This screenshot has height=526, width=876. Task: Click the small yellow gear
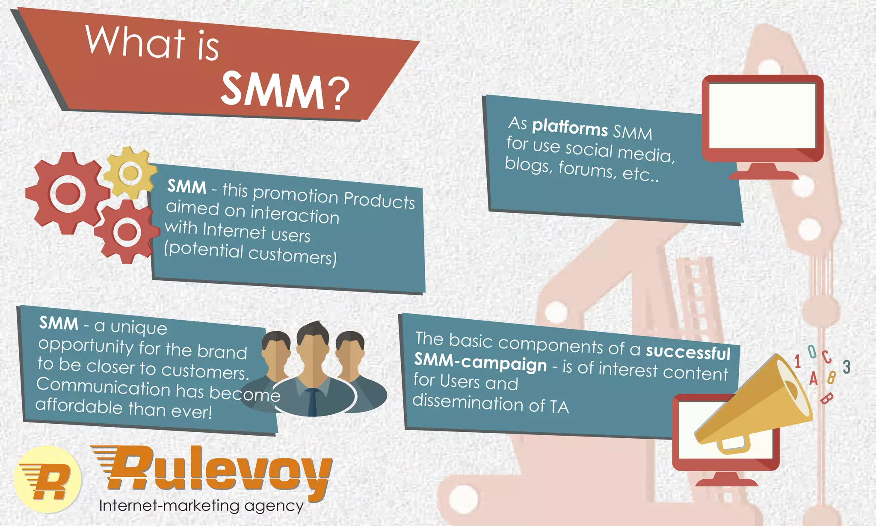click(130, 173)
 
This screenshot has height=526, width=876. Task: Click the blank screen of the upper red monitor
click(762, 116)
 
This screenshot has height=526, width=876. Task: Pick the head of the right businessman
click(350, 349)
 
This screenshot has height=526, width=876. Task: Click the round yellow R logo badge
click(47, 479)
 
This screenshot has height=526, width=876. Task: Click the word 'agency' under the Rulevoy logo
click(274, 506)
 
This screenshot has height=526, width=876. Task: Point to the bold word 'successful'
click(688, 352)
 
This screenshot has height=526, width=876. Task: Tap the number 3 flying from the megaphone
click(846, 367)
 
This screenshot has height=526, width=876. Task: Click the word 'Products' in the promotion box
click(379, 200)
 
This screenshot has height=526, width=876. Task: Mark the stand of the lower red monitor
click(726, 479)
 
